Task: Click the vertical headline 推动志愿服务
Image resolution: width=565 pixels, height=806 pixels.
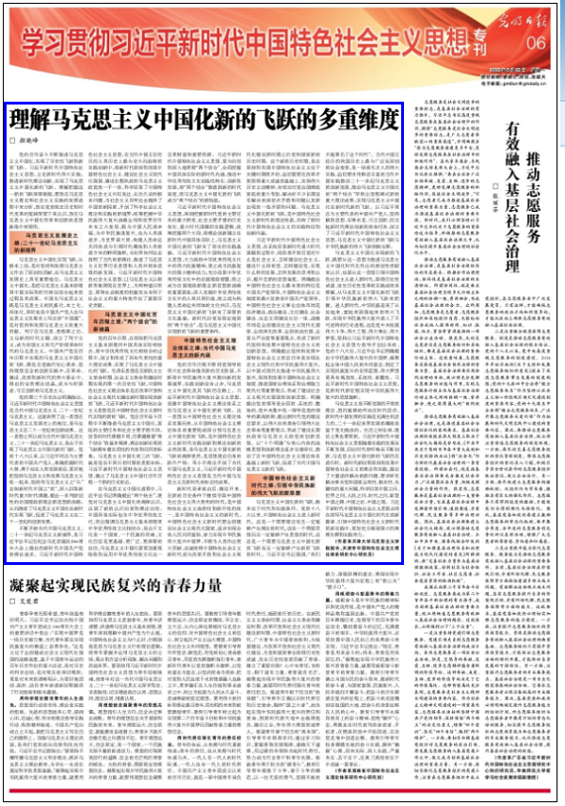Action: [x=534, y=156]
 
